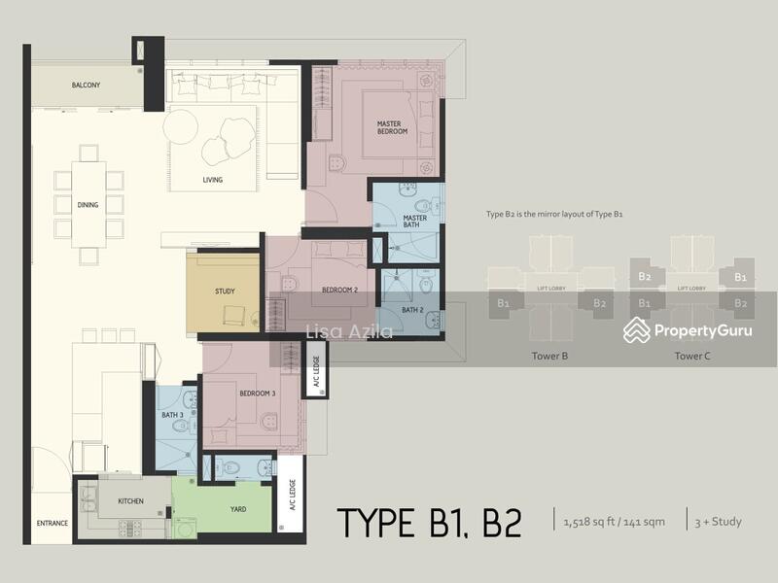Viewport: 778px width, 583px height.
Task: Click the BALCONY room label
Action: [88, 86]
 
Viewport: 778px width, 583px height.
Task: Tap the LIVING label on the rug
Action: [212, 180]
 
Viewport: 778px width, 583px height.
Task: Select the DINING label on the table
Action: [88, 205]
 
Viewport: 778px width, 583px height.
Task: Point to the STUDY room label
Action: [225, 291]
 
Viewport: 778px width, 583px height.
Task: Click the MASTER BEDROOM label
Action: [392, 127]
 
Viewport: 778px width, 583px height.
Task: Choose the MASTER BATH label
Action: [415, 223]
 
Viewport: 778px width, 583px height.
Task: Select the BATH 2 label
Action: [412, 310]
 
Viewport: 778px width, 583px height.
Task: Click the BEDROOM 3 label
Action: [258, 394]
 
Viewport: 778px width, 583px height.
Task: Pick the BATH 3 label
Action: [173, 416]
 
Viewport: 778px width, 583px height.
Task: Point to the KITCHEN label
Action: [131, 501]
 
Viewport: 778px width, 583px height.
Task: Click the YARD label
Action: [238, 509]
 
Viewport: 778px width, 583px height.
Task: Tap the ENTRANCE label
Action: [53, 524]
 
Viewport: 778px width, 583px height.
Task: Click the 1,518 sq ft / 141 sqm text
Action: [614, 522]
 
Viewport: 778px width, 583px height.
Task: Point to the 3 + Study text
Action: [718, 522]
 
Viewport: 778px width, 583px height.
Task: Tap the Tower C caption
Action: [692, 357]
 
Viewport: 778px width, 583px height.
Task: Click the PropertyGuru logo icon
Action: [637, 330]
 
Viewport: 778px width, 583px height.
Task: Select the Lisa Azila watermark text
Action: [349, 332]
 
